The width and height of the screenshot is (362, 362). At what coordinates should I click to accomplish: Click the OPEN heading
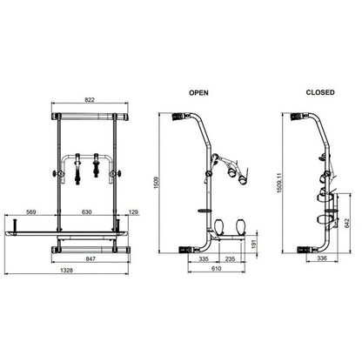[x=198, y=93]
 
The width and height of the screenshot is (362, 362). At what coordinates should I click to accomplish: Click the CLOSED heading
[x=320, y=92]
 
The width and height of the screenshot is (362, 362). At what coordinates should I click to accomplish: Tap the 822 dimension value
[x=90, y=100]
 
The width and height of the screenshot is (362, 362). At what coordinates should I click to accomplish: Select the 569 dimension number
[x=30, y=212]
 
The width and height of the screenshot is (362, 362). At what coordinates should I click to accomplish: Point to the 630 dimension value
[x=86, y=212]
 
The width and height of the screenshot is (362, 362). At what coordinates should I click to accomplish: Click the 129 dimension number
[x=133, y=212]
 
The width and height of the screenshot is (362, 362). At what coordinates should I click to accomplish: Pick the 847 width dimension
[x=90, y=258]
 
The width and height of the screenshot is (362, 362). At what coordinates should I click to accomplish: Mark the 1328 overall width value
[x=66, y=271]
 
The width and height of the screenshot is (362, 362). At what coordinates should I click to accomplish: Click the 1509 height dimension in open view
[x=157, y=183]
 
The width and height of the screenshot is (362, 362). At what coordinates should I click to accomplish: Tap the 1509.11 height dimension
[x=279, y=183]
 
